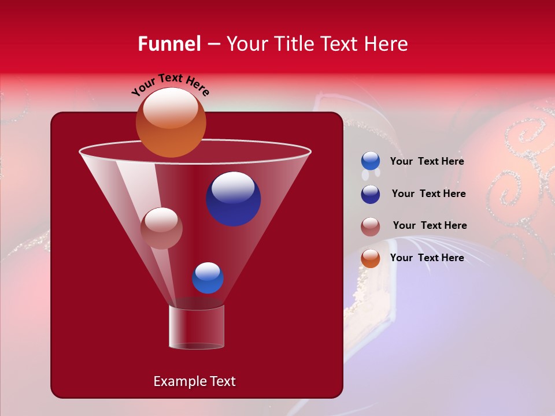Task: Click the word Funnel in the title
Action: point(169,44)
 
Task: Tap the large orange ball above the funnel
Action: point(171,122)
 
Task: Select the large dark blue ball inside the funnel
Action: point(233,199)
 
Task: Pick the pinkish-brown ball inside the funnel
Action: point(161,228)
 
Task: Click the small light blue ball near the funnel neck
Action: point(208,278)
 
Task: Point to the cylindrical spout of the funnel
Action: point(196,327)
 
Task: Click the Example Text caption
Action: point(194,381)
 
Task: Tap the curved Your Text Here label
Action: point(171,84)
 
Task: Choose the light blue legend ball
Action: point(371,161)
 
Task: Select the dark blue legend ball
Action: point(371,194)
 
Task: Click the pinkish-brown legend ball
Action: point(371,226)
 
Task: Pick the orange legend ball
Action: point(371,258)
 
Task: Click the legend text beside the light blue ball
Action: point(427,162)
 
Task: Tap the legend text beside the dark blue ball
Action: point(428,194)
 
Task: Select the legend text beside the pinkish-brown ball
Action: point(430,226)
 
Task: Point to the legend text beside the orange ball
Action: point(427,258)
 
